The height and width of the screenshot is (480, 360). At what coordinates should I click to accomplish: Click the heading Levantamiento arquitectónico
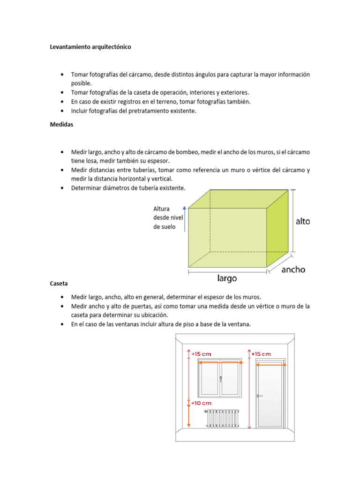click(94, 47)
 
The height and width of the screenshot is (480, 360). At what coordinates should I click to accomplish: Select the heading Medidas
click(62, 125)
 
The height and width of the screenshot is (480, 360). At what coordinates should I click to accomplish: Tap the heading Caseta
click(59, 284)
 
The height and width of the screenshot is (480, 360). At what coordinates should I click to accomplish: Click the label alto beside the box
click(303, 221)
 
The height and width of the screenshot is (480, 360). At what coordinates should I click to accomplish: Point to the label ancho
click(293, 270)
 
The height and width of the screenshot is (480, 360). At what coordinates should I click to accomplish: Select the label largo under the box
click(227, 278)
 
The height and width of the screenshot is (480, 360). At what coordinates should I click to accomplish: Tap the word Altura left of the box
click(161, 209)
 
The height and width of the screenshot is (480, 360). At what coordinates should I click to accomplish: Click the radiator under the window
click(223, 418)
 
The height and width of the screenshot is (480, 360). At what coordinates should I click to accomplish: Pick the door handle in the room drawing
click(259, 396)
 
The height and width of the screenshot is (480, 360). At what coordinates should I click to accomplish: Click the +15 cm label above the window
click(201, 354)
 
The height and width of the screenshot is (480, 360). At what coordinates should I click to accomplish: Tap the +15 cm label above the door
click(262, 354)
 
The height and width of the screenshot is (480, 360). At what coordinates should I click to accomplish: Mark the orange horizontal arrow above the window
click(221, 362)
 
